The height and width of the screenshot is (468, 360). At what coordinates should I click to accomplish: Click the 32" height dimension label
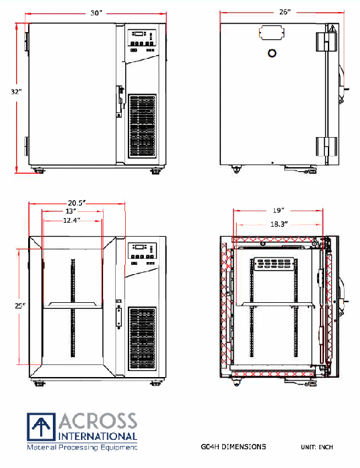pyautogui.click(x=15, y=92)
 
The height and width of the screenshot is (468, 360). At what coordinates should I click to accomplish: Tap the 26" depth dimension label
pyautogui.click(x=284, y=12)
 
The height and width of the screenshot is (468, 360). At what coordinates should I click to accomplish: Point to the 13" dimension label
pyautogui.click(x=70, y=211)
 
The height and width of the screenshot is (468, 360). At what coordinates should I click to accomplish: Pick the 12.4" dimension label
pyautogui.click(x=72, y=220)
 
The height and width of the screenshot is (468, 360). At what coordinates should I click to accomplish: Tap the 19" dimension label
pyautogui.click(x=278, y=210)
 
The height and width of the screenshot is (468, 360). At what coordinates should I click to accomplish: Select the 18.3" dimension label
pyautogui.click(x=278, y=225)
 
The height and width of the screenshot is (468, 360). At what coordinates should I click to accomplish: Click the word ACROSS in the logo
pyautogui.click(x=98, y=422)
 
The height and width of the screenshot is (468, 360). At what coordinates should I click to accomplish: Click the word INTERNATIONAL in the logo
pyautogui.click(x=98, y=436)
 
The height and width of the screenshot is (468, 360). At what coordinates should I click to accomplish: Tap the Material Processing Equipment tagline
pyautogui.click(x=82, y=446)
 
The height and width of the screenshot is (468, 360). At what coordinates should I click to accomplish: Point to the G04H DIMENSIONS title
pyautogui.click(x=233, y=447)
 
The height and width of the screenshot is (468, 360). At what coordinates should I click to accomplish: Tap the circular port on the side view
pyautogui.click(x=272, y=53)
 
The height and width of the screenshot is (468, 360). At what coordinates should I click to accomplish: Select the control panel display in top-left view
pyautogui.click(x=138, y=34)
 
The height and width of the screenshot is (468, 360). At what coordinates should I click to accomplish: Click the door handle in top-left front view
pyautogui.click(x=121, y=99)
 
